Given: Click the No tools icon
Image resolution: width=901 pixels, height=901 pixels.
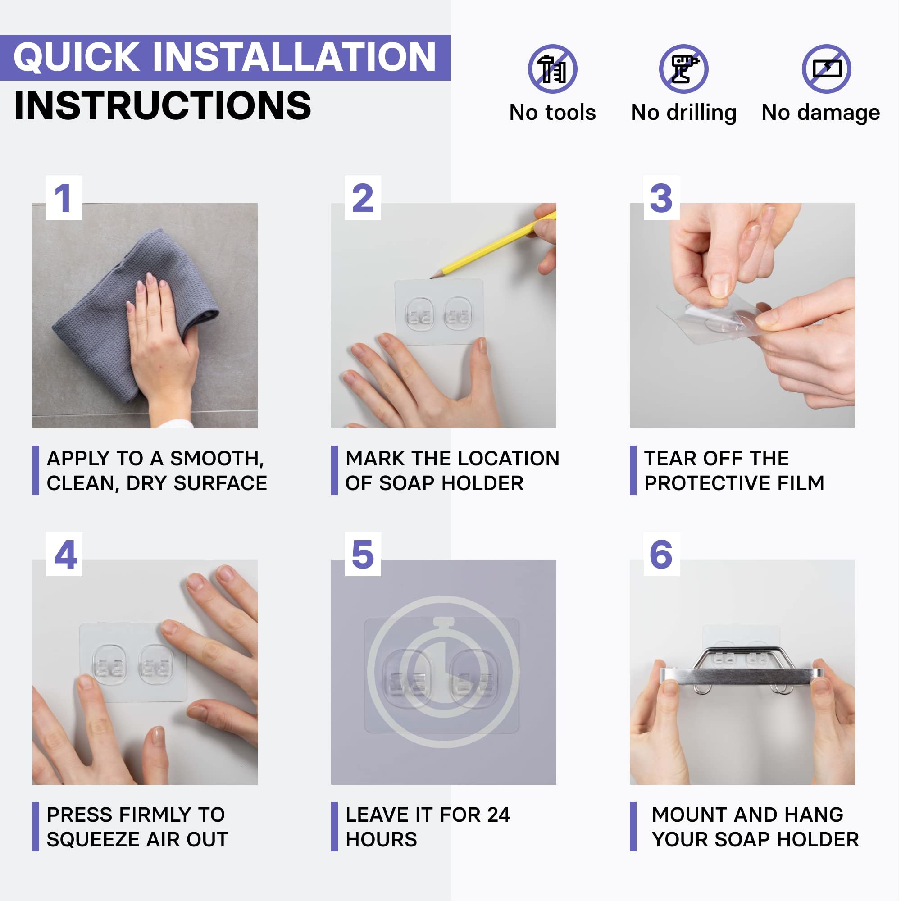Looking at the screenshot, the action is (553, 69).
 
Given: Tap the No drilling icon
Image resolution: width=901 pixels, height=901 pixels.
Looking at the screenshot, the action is (684, 69).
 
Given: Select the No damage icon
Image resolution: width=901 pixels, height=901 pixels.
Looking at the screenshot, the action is (827, 69).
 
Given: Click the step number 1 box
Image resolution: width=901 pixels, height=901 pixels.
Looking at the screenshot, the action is (64, 198).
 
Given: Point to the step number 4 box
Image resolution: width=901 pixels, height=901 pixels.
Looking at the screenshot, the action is (64, 555).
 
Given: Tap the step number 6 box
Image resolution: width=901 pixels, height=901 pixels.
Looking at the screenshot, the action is (662, 555).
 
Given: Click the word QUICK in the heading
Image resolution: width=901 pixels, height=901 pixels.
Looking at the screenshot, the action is (77, 57).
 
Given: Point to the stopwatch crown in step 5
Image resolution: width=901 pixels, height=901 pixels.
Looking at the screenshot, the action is (444, 622).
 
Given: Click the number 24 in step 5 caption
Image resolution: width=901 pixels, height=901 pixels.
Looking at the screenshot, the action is (499, 815).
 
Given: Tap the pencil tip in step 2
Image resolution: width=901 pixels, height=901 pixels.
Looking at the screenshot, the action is (432, 278).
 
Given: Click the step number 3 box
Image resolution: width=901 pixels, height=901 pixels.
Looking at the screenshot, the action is (662, 198).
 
